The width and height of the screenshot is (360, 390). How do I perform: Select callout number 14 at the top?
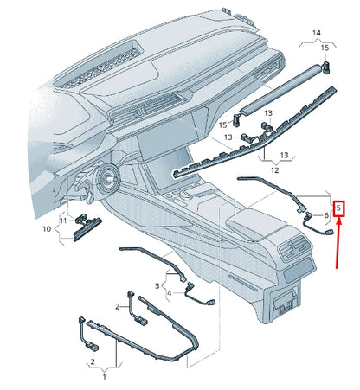tap(316, 32)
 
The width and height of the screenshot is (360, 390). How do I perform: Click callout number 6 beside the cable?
tap(325, 214)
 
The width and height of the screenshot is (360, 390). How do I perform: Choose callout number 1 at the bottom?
tap(105, 378)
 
